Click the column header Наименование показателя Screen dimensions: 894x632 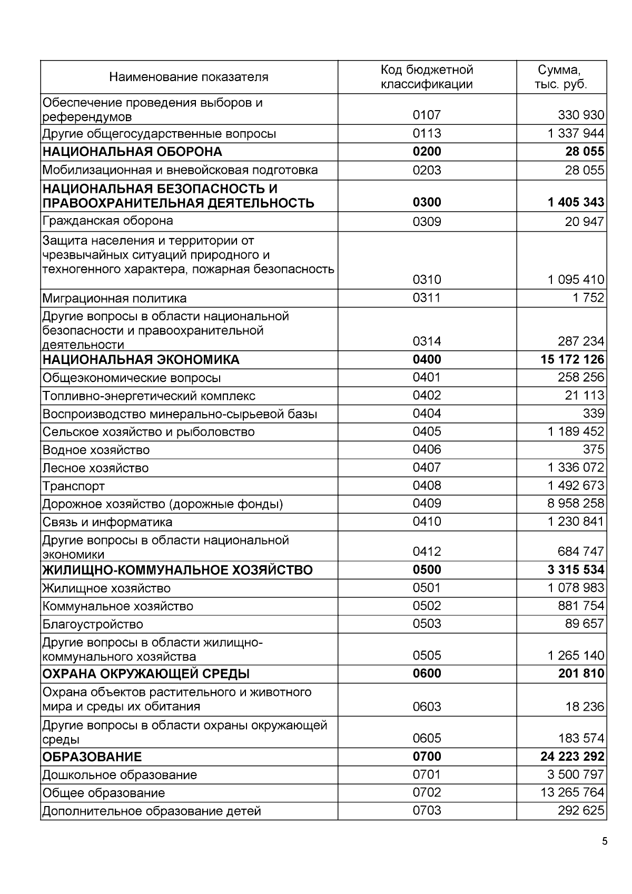[x=189, y=77]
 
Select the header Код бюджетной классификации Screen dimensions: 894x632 [x=427, y=77]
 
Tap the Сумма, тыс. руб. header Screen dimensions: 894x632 [x=560, y=77]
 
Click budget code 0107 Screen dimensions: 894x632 [x=427, y=115]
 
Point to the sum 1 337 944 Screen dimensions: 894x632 [x=576, y=133]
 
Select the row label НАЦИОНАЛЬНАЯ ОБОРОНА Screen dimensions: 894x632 [x=132, y=152]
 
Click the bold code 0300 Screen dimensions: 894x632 [x=427, y=202]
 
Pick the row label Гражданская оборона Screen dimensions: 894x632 [x=107, y=221]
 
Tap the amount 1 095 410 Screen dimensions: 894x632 [x=576, y=279]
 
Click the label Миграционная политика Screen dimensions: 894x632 [x=114, y=299]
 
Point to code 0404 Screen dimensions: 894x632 [x=427, y=414]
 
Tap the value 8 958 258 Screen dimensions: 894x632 [x=576, y=504]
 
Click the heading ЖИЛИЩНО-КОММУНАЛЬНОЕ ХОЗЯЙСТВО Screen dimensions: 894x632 [x=177, y=571]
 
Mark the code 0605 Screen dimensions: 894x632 [x=427, y=738]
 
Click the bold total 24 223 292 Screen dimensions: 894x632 [x=572, y=757]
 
